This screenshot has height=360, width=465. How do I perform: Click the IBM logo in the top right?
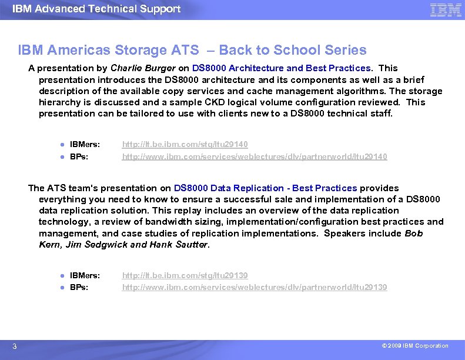point(445,9)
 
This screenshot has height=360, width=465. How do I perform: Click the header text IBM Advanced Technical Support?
point(96,9)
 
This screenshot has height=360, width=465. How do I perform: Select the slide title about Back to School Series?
point(192,51)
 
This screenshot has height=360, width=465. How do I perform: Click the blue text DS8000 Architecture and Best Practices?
point(282,68)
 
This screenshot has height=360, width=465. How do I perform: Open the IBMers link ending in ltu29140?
point(185,144)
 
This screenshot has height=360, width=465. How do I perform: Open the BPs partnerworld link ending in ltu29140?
point(254,156)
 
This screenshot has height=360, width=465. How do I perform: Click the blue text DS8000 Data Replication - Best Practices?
point(265,188)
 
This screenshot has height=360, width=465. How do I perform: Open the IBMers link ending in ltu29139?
point(185,275)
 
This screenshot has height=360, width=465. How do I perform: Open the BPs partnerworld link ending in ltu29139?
point(254,287)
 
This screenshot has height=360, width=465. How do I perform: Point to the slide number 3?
point(15,346)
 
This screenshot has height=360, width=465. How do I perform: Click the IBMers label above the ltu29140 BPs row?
point(85,144)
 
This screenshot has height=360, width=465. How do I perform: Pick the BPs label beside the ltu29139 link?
point(79,287)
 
